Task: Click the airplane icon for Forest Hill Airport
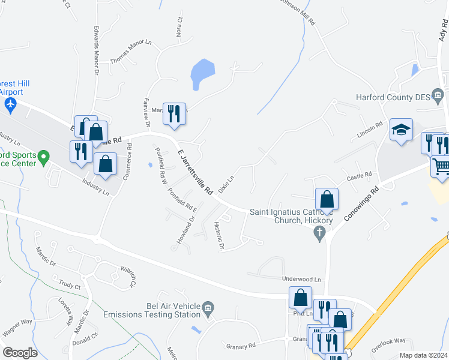[10, 104]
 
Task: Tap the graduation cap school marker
[401, 130]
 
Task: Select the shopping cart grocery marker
[441, 165]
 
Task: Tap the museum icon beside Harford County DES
[438, 95]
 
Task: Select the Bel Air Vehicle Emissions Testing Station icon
[208, 309]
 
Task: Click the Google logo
[20, 352]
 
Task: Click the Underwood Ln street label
[302, 280]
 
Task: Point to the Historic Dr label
[219, 236]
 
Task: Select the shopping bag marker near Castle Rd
[326, 199]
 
